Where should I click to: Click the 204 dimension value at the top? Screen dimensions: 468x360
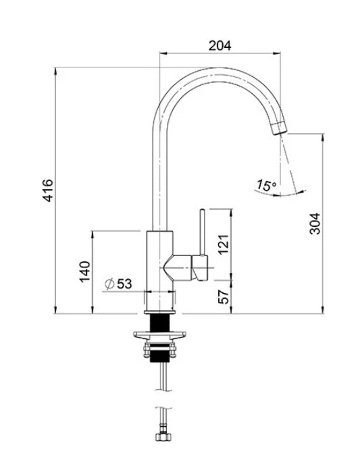coord(220,45)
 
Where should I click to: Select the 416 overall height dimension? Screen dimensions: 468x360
coord(48,190)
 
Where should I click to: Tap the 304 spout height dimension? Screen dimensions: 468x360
coord(315,223)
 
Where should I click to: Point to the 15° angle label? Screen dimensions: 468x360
coord(266,184)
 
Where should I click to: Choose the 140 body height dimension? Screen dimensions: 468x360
coord(84,271)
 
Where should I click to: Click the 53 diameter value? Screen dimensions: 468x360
coord(124,284)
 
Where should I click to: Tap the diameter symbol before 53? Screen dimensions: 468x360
coord(109,284)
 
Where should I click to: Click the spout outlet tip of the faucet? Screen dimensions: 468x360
coord(278,129)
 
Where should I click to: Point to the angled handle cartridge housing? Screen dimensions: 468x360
coord(186,266)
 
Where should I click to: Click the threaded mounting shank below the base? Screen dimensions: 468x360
coord(161,324)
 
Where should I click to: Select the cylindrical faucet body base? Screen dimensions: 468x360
coord(161,270)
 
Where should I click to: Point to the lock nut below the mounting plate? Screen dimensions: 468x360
coord(161,350)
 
